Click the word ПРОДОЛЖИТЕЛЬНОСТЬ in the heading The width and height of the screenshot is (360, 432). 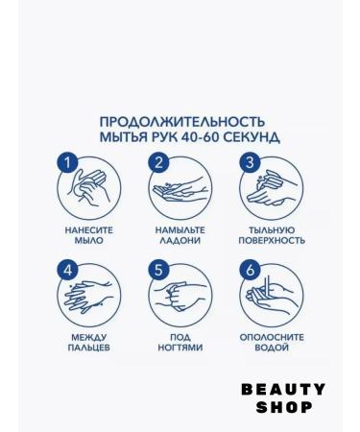pyautogui.click(x=180, y=122)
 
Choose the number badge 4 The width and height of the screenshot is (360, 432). pyautogui.click(x=67, y=270)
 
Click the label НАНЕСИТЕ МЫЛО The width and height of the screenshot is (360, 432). pyautogui.click(x=89, y=236)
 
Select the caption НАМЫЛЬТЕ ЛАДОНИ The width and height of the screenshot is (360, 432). pyautogui.click(x=180, y=236)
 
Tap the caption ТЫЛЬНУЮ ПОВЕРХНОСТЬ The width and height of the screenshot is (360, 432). pyautogui.click(x=270, y=236)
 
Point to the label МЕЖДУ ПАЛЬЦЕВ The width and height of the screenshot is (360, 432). pyautogui.click(x=89, y=343)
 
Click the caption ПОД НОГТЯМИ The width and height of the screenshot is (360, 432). pyautogui.click(x=180, y=343)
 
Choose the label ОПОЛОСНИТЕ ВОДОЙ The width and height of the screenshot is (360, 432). pyautogui.click(x=270, y=343)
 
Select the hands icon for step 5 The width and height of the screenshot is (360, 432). pyautogui.click(x=181, y=295)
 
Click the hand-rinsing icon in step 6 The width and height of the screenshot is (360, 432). pyautogui.click(x=272, y=295)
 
